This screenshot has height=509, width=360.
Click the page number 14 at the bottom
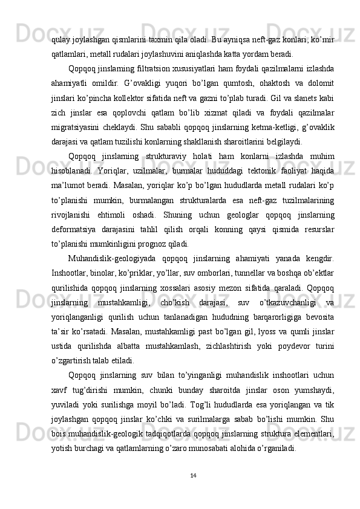coord(192,474)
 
